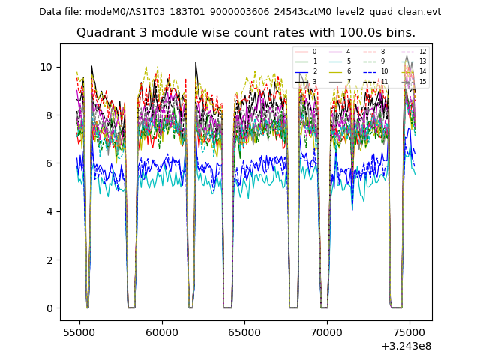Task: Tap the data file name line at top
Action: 240,12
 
